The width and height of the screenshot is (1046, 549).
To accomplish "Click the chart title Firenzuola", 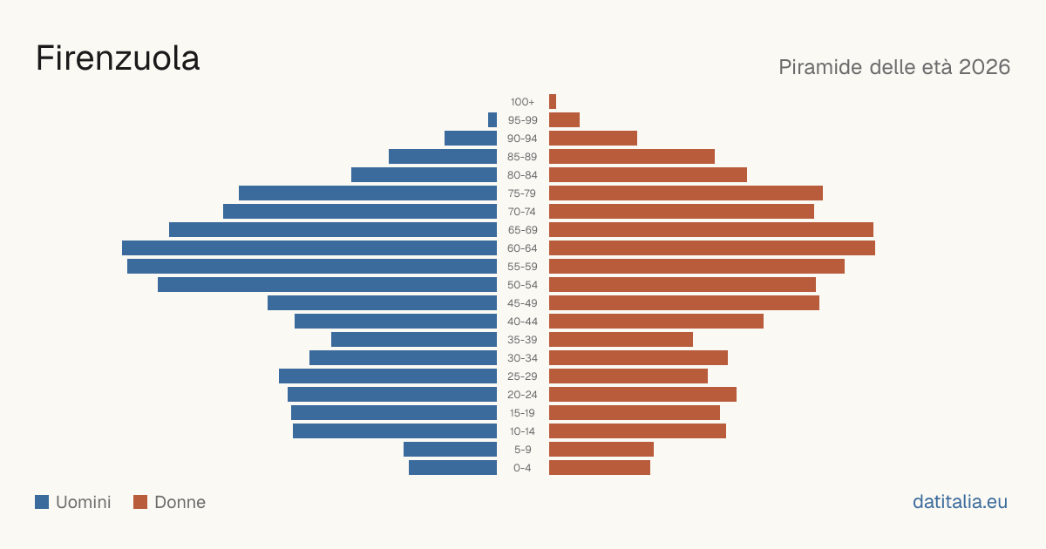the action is pos(118,58).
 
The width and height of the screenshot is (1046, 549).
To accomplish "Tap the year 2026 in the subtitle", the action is pos(984,67).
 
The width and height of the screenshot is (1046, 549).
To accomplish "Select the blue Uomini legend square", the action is pos(42,502).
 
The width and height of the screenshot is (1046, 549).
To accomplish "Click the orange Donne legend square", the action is pos(140,502).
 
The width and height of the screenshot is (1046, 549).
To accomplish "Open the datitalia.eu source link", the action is pos(960,502).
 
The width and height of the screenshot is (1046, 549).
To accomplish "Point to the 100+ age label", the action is pos(522,102).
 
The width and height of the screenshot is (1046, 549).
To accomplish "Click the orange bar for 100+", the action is pos(553,101).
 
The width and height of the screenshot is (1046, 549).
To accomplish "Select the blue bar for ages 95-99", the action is pos(492,119).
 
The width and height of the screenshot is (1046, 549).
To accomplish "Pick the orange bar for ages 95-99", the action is pos(564,119).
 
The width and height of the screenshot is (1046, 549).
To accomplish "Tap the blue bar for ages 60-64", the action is pos(309,247).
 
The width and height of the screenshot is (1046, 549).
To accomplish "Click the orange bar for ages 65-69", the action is pos(711,230).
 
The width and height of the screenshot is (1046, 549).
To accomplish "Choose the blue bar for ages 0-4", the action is pos(453,467).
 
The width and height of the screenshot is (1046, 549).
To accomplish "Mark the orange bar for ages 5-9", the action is pos(601,449).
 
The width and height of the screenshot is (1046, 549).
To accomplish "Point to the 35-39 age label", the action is pos(522,340).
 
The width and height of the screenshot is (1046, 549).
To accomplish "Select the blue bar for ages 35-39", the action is pos(414,339).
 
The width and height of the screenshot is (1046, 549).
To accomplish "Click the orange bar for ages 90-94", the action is pos(593,139).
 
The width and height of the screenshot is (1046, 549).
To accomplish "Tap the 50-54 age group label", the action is pos(522,285).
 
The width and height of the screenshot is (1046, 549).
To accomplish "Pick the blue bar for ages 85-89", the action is pos(443,156).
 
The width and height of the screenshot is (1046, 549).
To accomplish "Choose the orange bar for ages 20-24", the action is pos(642,395).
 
